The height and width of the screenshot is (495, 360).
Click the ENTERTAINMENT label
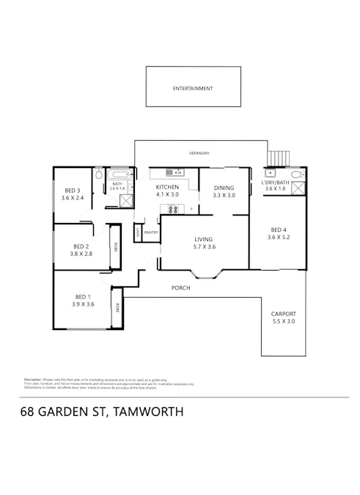coord(192,88)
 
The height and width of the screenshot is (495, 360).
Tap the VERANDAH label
coord(199,153)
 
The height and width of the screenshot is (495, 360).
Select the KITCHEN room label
coord(167,188)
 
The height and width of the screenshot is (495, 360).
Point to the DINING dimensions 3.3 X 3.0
coord(224,196)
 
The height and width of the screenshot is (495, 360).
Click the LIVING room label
coord(203,239)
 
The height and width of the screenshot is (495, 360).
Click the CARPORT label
coord(284,313)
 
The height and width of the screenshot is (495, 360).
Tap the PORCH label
coord(180,288)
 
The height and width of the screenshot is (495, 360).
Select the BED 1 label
coord(82,296)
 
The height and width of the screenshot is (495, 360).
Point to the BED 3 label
coord(73,190)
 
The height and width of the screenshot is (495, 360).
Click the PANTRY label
coord(151,232)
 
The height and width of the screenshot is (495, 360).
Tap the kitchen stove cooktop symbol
coord(174,209)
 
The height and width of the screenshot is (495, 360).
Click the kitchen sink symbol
coord(174,173)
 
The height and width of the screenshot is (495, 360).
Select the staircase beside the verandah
coord(279,158)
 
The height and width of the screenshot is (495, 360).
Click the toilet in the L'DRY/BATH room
coord(295,175)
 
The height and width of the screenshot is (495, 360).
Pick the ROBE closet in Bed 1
coord(116,309)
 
